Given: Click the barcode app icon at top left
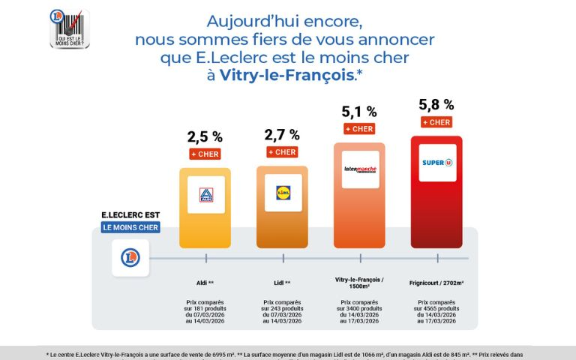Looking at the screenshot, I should pos(70,29).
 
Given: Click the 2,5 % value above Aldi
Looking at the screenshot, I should pos(205,136).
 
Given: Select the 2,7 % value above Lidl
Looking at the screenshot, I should pos(282,135).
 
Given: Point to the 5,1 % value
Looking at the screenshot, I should pos(359,112).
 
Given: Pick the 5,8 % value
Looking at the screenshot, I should pos(436,105).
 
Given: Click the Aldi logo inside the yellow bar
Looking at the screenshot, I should pos(205,195).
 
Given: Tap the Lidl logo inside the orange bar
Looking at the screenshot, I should pos(283,193).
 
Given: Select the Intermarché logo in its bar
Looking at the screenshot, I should pos(360,169).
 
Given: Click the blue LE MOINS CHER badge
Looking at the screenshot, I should pos(130,227).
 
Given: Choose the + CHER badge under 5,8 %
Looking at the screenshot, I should pos(436,122).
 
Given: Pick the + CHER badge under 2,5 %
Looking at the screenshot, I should pos(205,154).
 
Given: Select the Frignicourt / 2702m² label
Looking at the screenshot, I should pos(436,283).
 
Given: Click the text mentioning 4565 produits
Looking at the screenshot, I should pos(436,308).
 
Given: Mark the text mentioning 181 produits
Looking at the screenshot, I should pos(205,308).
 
